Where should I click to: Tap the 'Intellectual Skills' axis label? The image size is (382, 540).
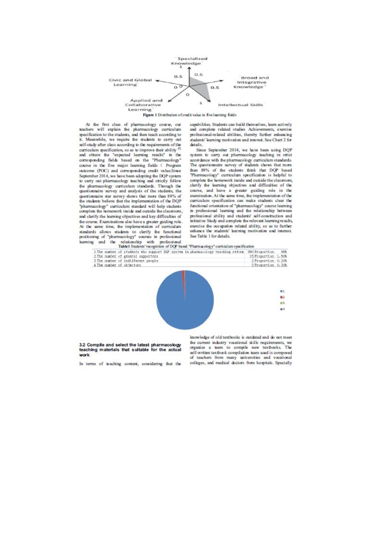click(x=241, y=105)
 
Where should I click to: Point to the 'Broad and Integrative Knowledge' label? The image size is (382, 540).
click(x=251, y=82)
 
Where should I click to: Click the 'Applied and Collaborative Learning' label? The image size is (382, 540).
click(x=144, y=105)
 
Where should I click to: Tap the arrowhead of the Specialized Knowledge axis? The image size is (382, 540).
click(x=189, y=68)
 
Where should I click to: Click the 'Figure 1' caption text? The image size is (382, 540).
click(x=189, y=115)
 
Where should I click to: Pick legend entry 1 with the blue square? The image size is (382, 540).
click(x=282, y=291)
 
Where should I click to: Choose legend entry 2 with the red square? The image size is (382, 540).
click(x=282, y=297)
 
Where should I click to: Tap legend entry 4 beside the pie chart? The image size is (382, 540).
click(x=282, y=309)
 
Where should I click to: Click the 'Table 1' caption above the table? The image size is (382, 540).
click(x=186, y=246)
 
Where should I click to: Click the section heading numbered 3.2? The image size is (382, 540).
click(x=130, y=350)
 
